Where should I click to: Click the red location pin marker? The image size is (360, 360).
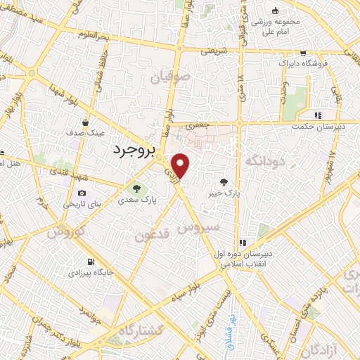pos(181,165)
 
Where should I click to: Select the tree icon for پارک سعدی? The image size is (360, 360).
pos(136,188)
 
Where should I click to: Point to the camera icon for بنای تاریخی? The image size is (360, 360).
pos(82,193)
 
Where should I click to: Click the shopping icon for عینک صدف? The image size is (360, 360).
pos(85,122)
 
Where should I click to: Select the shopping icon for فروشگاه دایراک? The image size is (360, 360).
pos(303,53)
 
